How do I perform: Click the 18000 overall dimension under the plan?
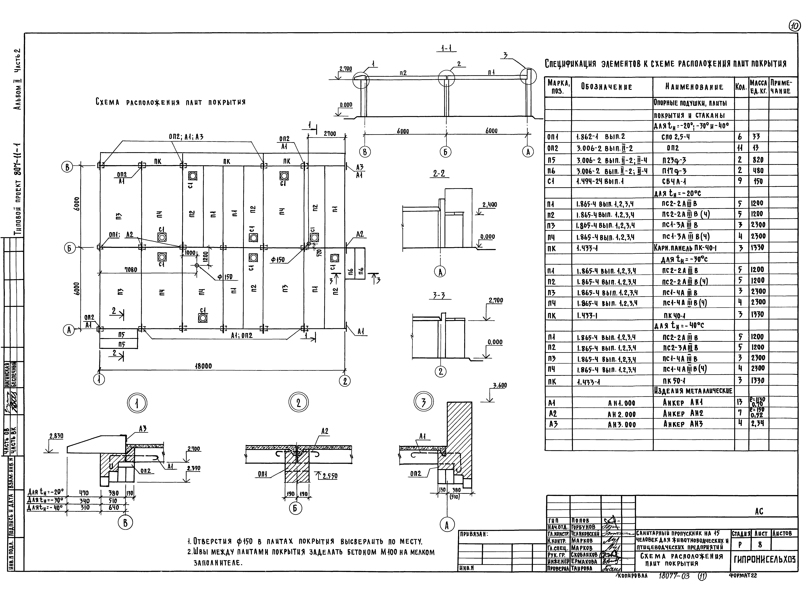tap(203, 366)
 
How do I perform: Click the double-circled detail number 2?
tap(298, 403)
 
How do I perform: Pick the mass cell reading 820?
tap(758, 160)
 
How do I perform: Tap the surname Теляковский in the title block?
tap(585, 533)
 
